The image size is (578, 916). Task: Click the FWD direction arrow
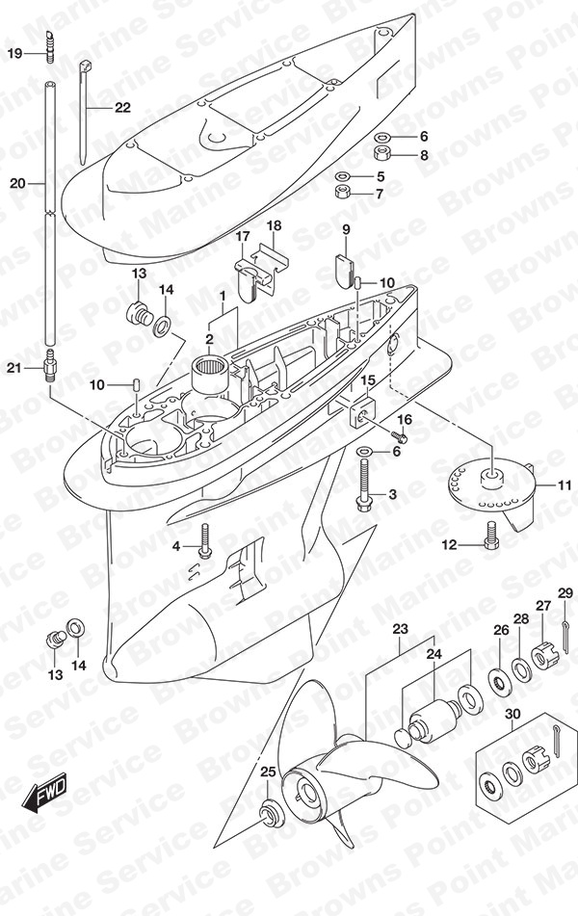(44, 793)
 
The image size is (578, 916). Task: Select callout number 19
(14, 54)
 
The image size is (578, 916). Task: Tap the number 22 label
(122, 108)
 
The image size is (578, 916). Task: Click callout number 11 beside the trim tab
(564, 484)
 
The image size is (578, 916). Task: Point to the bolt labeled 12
(491, 536)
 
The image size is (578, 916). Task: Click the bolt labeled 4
(204, 541)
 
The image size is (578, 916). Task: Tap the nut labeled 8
(381, 154)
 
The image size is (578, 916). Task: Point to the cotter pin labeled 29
(565, 637)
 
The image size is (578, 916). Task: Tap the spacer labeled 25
(270, 813)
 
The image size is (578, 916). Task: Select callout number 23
(400, 629)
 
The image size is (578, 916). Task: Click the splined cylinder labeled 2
(212, 375)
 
